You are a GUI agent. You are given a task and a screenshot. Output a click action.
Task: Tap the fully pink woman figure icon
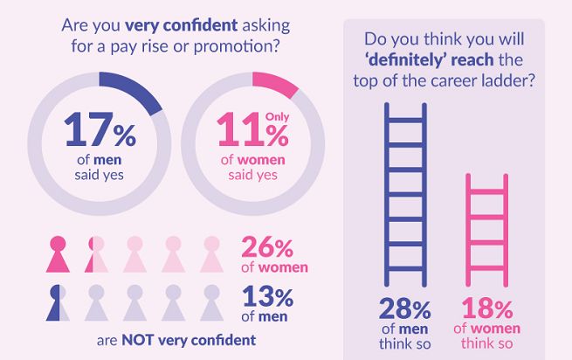click(x=58, y=254)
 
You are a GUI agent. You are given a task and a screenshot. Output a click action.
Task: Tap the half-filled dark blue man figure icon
click(x=58, y=301)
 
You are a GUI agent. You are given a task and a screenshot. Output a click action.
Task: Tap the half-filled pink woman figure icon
click(x=95, y=254)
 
